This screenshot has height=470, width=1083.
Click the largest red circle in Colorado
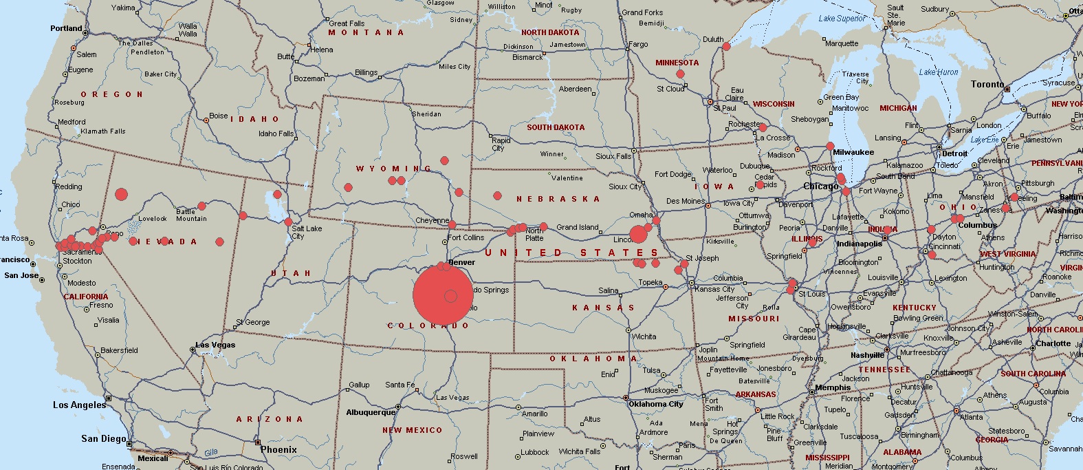pos(443,295)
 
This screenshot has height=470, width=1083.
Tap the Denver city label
pos(462,262)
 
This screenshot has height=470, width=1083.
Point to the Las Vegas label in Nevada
pos(215,345)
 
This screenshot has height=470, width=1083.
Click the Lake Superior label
pos(842,19)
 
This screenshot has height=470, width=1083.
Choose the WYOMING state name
pos(393,169)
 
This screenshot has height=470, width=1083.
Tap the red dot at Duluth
pos(726,47)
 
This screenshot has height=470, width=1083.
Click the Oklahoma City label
pos(655,404)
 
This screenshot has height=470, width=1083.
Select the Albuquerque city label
pos(371,413)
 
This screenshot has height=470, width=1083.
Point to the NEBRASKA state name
pos(558,199)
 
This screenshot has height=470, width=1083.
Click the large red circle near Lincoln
pos(638,234)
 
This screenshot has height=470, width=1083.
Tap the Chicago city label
pos(820,186)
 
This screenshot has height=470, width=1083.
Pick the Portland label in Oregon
pos(66,28)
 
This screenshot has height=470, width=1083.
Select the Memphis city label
pos(832,387)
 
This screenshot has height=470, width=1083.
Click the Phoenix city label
pos(278,449)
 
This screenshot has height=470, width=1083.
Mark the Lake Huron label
pos(938,72)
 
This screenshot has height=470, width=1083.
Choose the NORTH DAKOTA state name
pos(550,32)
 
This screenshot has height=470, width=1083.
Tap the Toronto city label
pos(987,84)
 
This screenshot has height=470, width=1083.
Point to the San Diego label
pos(104,438)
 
